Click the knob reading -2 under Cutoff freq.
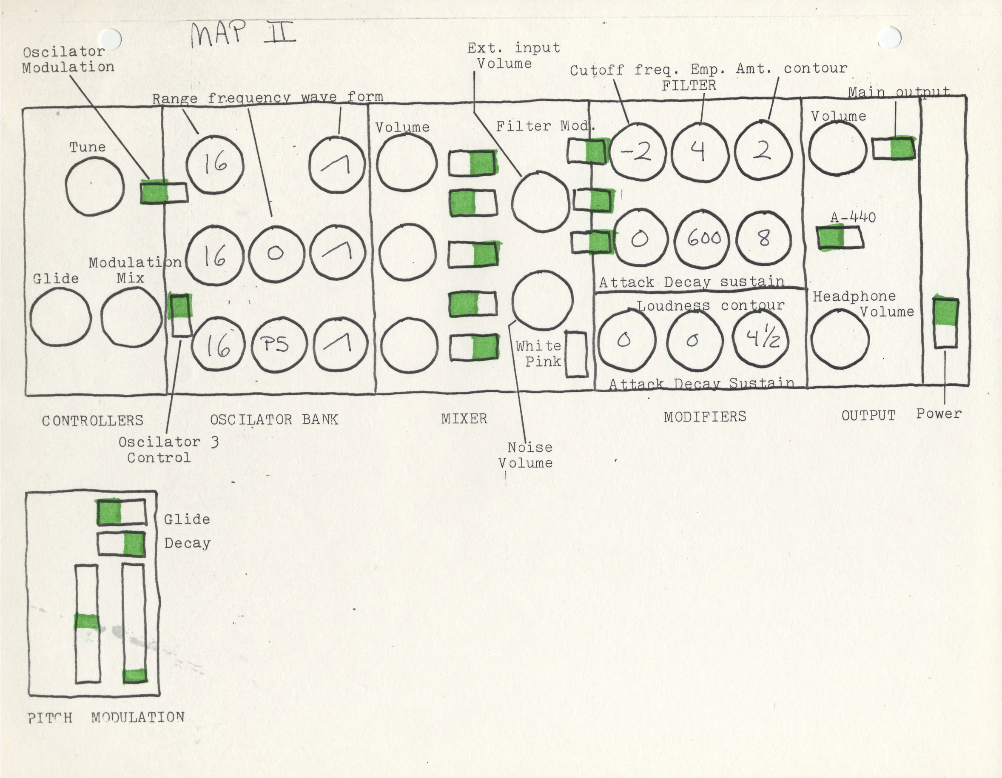pyautogui.click(x=638, y=152)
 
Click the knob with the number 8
pyautogui.click(x=763, y=238)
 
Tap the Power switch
pyautogui.click(x=945, y=323)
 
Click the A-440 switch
pyautogui.click(x=840, y=238)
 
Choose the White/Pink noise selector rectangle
pyautogui.click(x=576, y=354)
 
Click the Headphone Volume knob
pyautogui.click(x=840, y=340)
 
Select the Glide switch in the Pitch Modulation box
pyautogui.click(x=122, y=512)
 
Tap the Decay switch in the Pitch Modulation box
pyautogui.click(x=122, y=544)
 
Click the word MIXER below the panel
pyautogui.click(x=464, y=419)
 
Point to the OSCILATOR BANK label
pyautogui.click(x=274, y=419)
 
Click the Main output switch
pyautogui.click(x=893, y=148)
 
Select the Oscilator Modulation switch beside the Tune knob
pyautogui.click(x=164, y=192)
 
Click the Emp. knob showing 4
pyautogui.click(x=699, y=151)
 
